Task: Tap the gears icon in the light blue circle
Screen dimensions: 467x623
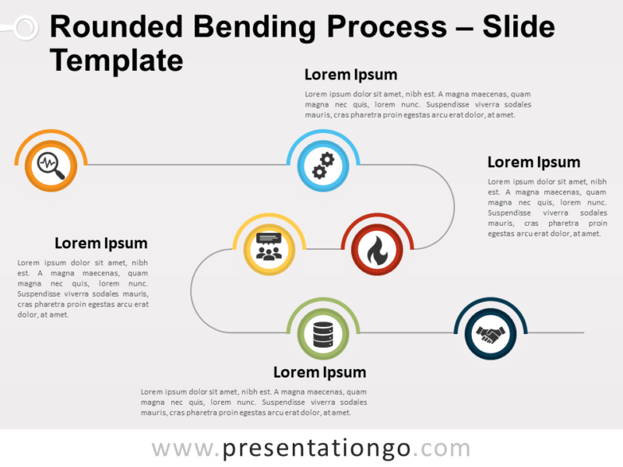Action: point(322,165)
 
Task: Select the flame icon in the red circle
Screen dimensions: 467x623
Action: point(377,249)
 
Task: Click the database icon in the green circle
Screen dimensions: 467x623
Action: point(322,333)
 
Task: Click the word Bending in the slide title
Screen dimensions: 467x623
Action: point(252,28)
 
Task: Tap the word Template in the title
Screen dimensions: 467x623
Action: point(116,60)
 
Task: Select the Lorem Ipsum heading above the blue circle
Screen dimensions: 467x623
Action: point(350,75)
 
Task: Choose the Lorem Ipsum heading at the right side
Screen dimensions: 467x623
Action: point(533,162)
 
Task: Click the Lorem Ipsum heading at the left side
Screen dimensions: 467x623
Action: point(100,243)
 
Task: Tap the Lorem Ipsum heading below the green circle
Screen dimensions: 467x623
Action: point(319,372)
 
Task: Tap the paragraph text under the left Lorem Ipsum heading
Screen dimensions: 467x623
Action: point(83,289)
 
